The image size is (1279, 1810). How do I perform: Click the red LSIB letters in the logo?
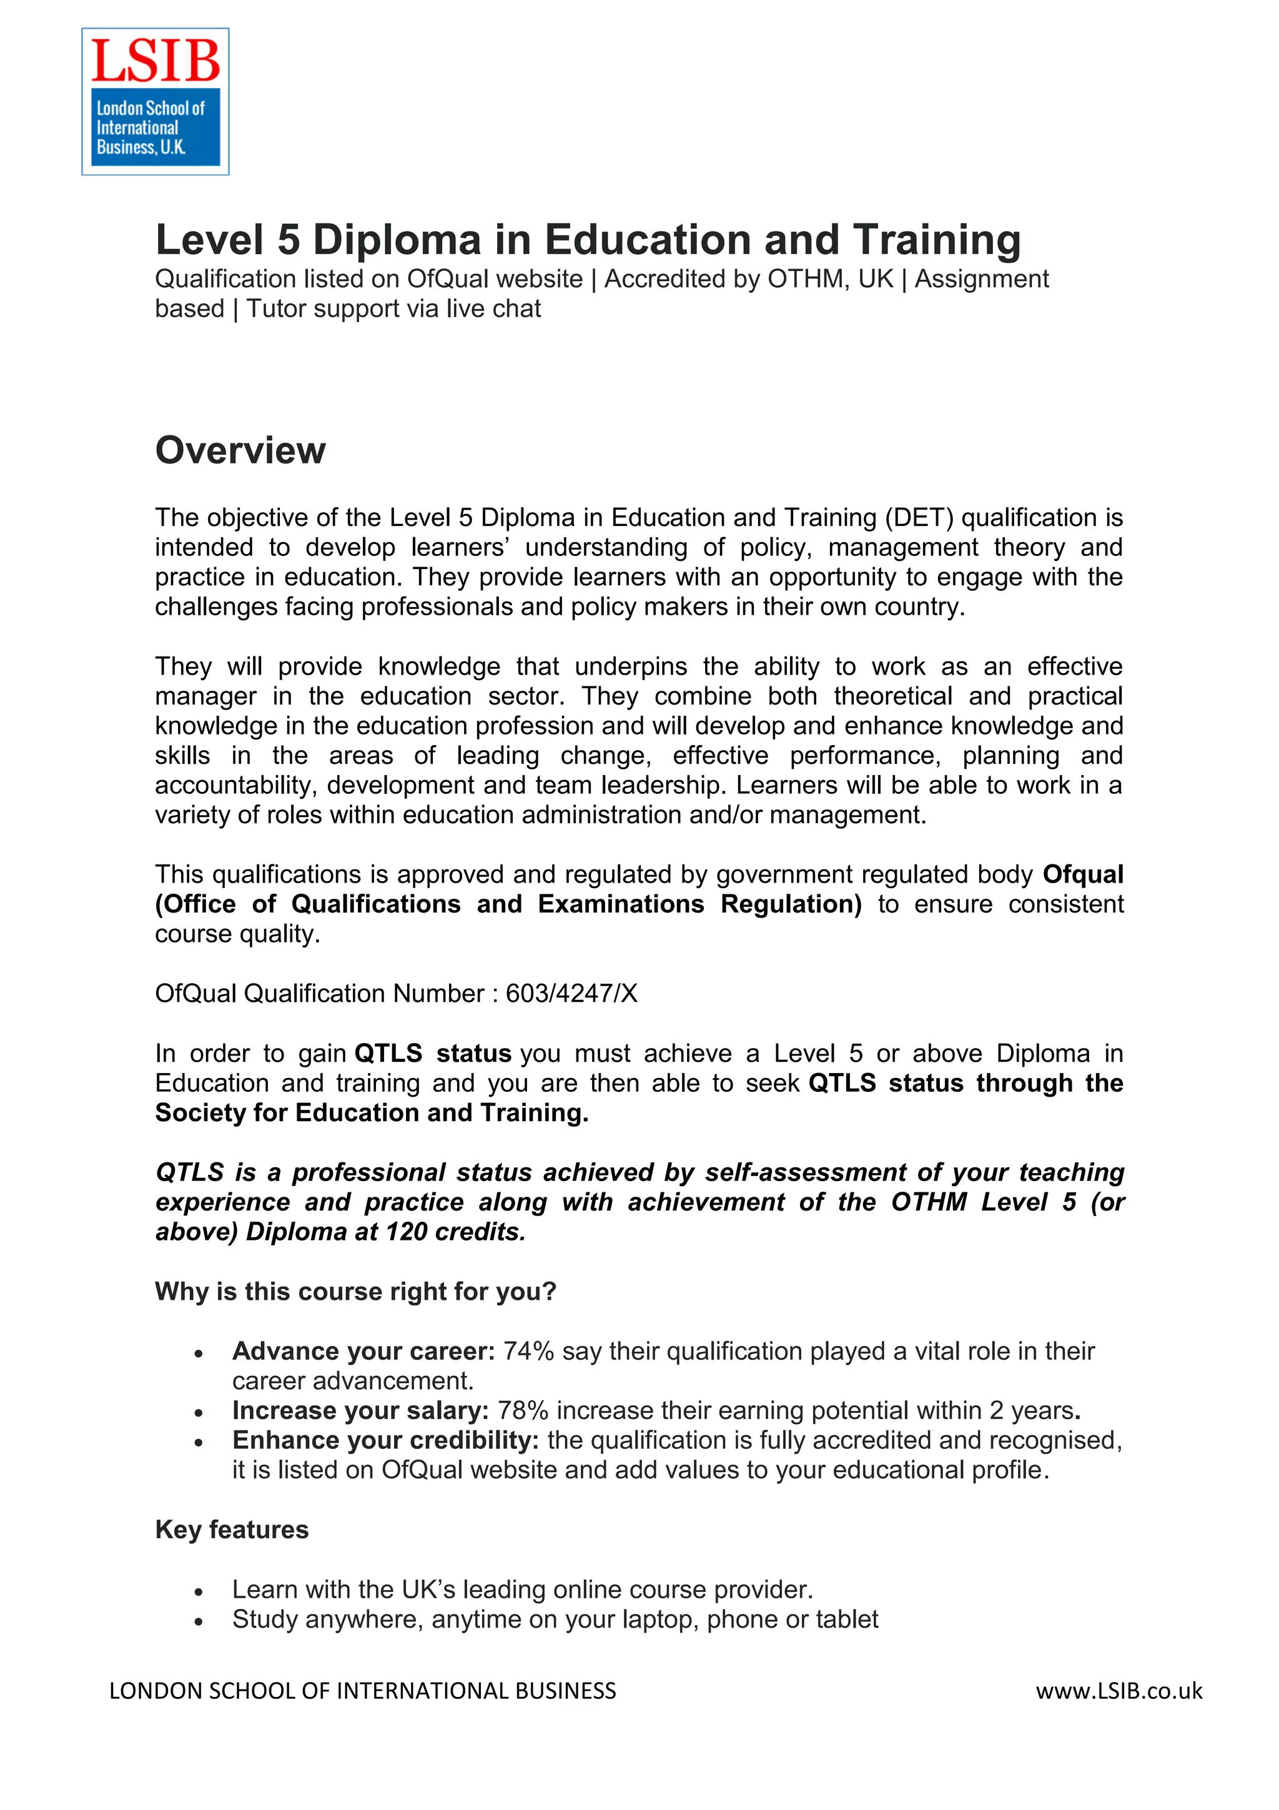point(156,61)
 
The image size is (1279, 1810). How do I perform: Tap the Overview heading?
point(240,451)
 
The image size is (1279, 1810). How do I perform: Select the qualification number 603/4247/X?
point(571,993)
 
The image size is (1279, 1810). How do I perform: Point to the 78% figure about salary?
point(523,1410)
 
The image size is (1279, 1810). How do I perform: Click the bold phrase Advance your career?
point(363,1351)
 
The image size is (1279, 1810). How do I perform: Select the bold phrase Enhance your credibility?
point(385,1440)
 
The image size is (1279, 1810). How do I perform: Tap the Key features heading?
point(232,1530)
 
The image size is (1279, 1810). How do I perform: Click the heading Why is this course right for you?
point(355,1291)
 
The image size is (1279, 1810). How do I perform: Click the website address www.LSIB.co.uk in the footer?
point(1119,1691)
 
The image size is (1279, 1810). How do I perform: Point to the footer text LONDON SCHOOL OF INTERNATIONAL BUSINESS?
point(362,1691)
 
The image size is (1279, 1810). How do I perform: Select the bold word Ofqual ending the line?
point(1083,874)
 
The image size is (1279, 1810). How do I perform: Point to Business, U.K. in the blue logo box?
point(141,147)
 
